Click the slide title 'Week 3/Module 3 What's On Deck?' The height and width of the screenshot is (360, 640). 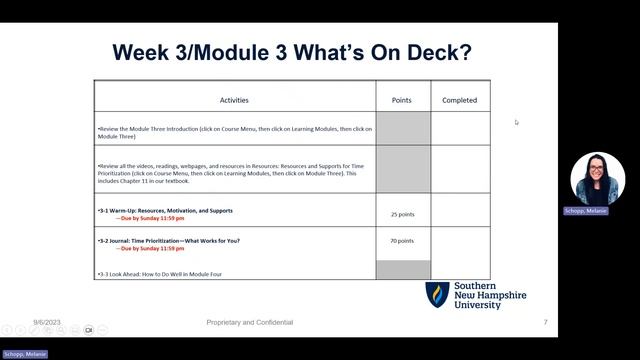click(x=292, y=51)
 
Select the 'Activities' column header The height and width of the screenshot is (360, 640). click(x=234, y=100)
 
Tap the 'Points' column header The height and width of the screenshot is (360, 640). click(x=402, y=100)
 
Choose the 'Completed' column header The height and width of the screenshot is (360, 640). click(x=459, y=100)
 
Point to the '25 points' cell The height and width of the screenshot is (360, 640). click(x=402, y=214)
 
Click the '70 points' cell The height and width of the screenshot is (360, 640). click(x=402, y=241)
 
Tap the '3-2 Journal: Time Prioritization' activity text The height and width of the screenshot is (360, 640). click(x=169, y=241)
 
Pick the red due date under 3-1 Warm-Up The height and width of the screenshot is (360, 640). click(x=145, y=218)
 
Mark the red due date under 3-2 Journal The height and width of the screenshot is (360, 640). click(x=145, y=248)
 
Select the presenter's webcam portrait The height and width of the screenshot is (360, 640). click(x=597, y=180)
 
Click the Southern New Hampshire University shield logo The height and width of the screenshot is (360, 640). click(x=437, y=295)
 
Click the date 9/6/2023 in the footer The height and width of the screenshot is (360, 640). click(x=47, y=322)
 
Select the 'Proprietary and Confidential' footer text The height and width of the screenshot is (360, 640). click(x=249, y=322)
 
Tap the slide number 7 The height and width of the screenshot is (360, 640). click(x=545, y=322)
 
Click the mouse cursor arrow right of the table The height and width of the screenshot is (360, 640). click(x=517, y=122)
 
